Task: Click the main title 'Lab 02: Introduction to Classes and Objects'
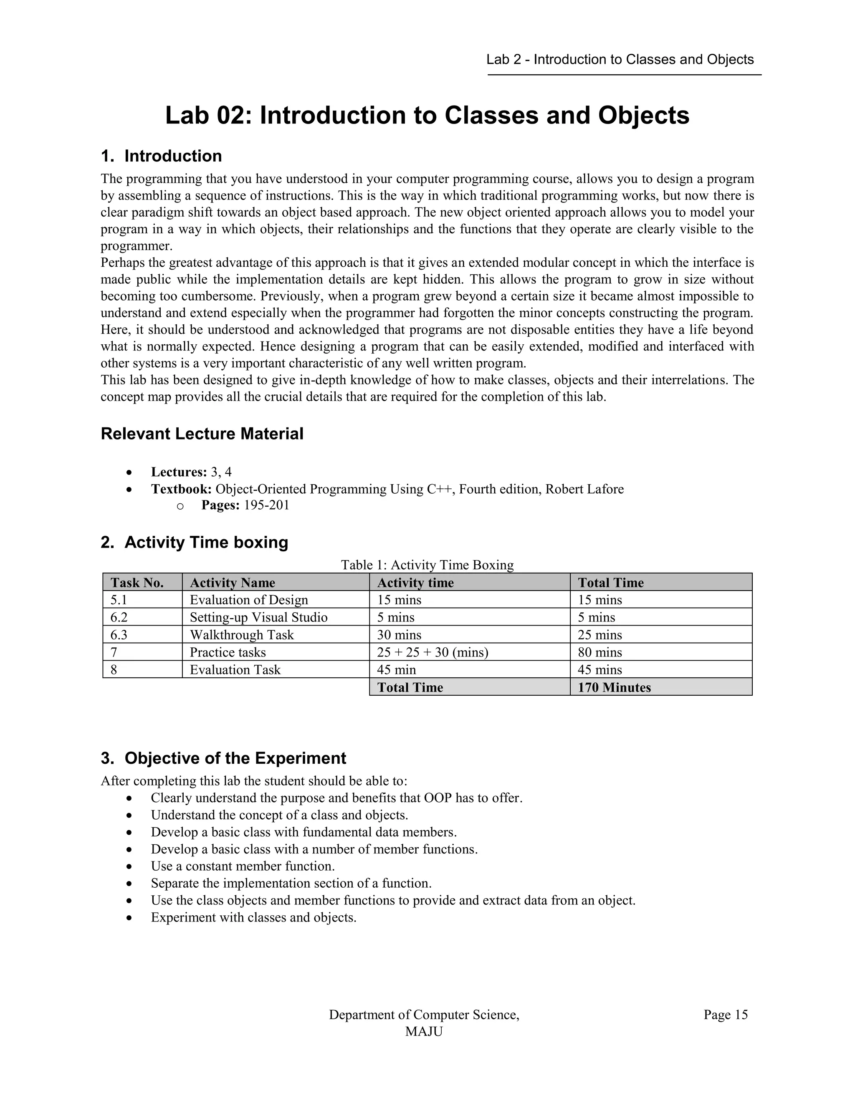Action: [427, 116]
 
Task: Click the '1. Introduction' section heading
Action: [161, 156]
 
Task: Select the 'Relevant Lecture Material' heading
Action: [202, 434]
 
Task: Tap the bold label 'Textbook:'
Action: [181, 489]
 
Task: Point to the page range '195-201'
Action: [266, 505]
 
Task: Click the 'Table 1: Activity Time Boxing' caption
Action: [427, 565]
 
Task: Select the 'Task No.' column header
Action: [137, 583]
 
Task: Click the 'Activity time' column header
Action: [415, 583]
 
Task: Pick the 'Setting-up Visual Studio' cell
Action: [258, 617]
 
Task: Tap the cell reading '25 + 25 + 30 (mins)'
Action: [432, 652]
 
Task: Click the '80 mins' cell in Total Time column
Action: [600, 652]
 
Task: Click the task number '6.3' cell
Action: [119, 635]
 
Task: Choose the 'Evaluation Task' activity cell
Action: [235, 670]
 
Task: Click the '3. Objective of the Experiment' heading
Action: [223, 759]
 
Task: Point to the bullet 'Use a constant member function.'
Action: [243, 866]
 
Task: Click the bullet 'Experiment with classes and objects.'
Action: [253, 918]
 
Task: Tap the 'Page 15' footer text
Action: [725, 1015]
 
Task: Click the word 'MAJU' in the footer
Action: [424, 1032]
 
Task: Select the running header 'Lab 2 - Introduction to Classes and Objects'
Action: [620, 60]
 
